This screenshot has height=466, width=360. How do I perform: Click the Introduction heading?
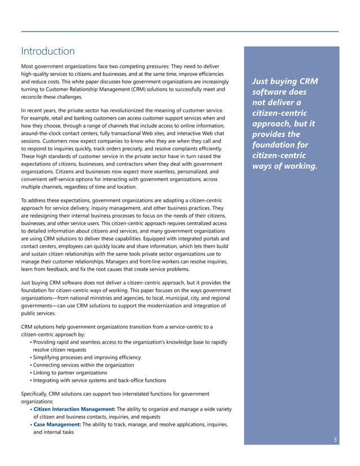(47, 51)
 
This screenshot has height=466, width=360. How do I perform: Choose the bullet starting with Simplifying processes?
(87, 357)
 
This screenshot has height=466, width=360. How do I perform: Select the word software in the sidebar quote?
(270, 92)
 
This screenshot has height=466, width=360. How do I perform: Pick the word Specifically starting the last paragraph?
(36, 393)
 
